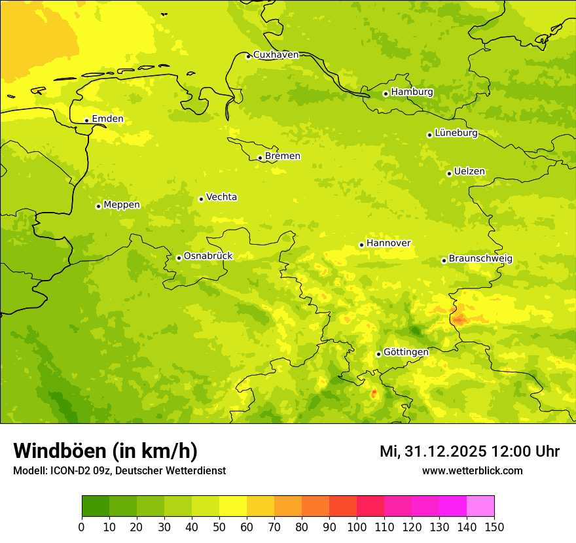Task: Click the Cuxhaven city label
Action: [276, 55]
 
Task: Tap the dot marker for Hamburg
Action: [386, 94]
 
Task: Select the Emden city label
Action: [107, 119]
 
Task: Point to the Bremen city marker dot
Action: [260, 158]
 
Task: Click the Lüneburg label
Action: [456, 133]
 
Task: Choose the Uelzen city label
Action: [469, 172]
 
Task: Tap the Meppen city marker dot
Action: [98, 206]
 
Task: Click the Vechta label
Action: [221, 197]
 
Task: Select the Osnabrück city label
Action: [208, 256]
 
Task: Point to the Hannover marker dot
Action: [361, 245]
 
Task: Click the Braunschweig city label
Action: [480, 259]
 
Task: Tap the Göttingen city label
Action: [406, 352]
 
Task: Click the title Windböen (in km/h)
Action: [105, 451]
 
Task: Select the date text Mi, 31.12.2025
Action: [432, 451]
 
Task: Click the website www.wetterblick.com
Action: [472, 470]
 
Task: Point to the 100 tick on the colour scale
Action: [357, 527]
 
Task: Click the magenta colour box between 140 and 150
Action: [480, 506]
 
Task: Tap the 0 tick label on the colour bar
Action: [82, 527]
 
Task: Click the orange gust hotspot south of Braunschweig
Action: [459, 319]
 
